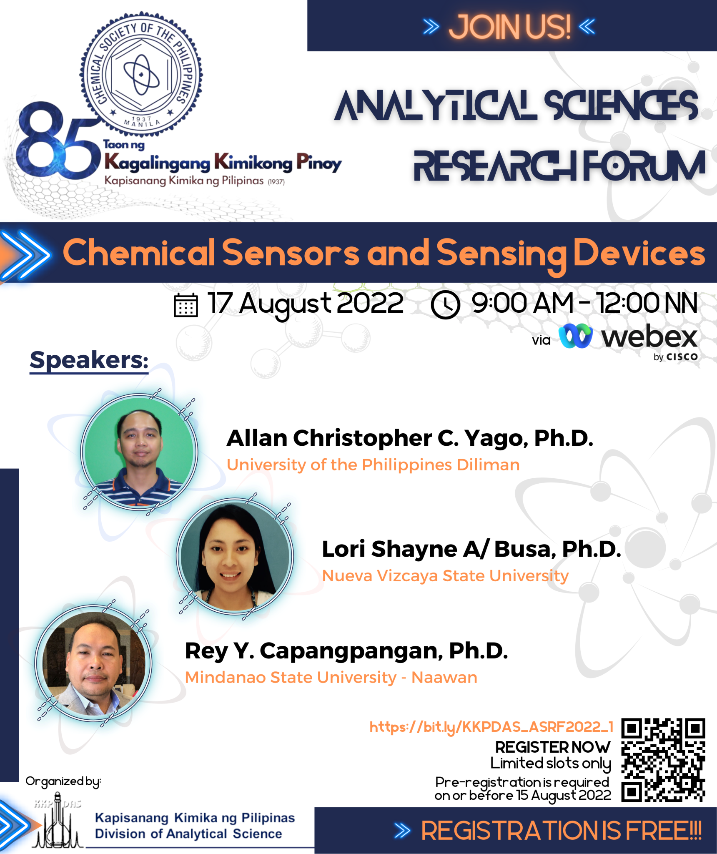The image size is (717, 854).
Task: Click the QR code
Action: pyautogui.click(x=663, y=760)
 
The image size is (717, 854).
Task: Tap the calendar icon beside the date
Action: pyautogui.click(x=186, y=305)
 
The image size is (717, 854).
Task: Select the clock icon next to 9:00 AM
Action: pyautogui.click(x=445, y=305)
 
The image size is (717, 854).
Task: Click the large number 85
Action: pyautogui.click(x=58, y=141)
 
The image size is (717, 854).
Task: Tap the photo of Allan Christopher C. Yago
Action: pyautogui.click(x=139, y=452)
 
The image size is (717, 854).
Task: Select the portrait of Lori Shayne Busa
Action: pyautogui.click(x=235, y=556)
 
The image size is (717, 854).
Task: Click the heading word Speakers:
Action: pyautogui.click(x=89, y=360)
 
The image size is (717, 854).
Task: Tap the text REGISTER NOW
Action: pyautogui.click(x=553, y=747)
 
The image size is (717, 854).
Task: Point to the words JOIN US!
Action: pyautogui.click(x=509, y=27)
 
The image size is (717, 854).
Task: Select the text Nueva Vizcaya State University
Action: pyautogui.click(x=445, y=576)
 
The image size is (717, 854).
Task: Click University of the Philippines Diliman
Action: pyautogui.click(x=373, y=465)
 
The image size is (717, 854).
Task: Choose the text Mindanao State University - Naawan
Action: pyautogui.click(x=331, y=678)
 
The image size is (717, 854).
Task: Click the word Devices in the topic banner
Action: pyautogui.click(x=639, y=253)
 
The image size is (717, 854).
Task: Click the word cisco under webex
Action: pyautogui.click(x=682, y=357)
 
